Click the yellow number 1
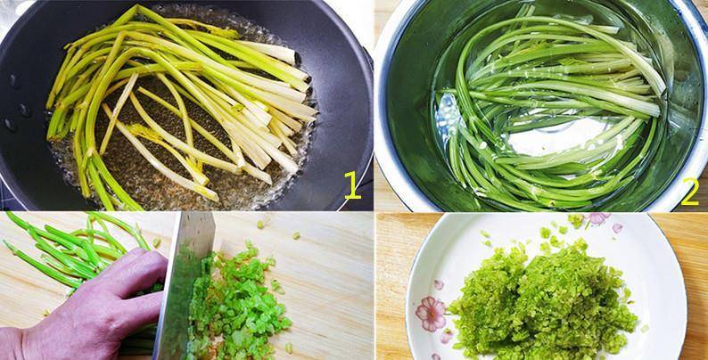[352, 185]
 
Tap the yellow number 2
[689, 192]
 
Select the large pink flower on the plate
[431, 314]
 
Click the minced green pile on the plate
[542, 298]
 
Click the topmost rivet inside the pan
[14, 81]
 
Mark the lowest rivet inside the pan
[9, 125]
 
